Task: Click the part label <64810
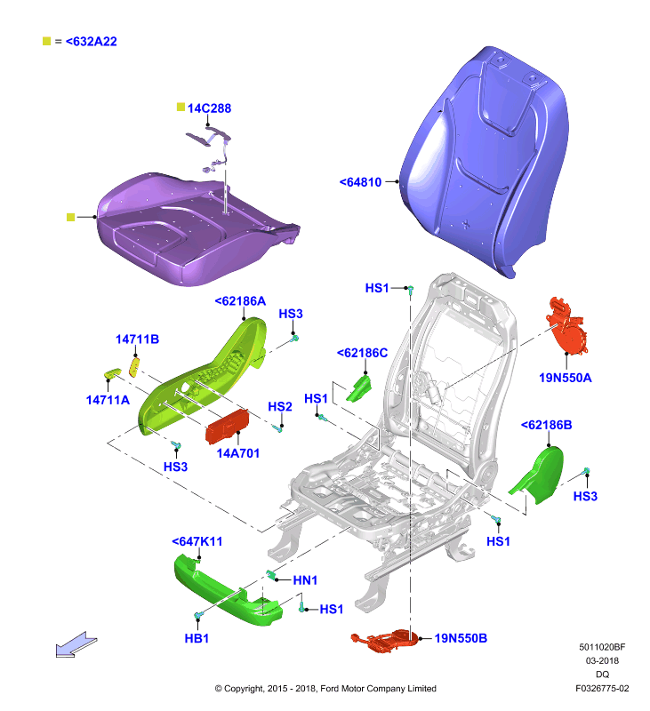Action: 361,182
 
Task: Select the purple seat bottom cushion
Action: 195,229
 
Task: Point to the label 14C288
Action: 209,108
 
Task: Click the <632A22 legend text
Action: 92,41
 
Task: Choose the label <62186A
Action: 240,301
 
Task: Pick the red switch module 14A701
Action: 227,427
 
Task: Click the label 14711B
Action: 137,340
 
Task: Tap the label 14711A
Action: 108,400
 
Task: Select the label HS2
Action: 280,406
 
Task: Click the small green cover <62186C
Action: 359,388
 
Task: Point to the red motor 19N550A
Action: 567,325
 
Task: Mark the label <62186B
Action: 547,425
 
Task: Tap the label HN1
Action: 305,580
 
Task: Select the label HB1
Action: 197,638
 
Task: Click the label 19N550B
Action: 461,638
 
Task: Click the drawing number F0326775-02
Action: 602,688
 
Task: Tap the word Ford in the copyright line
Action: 330,688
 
